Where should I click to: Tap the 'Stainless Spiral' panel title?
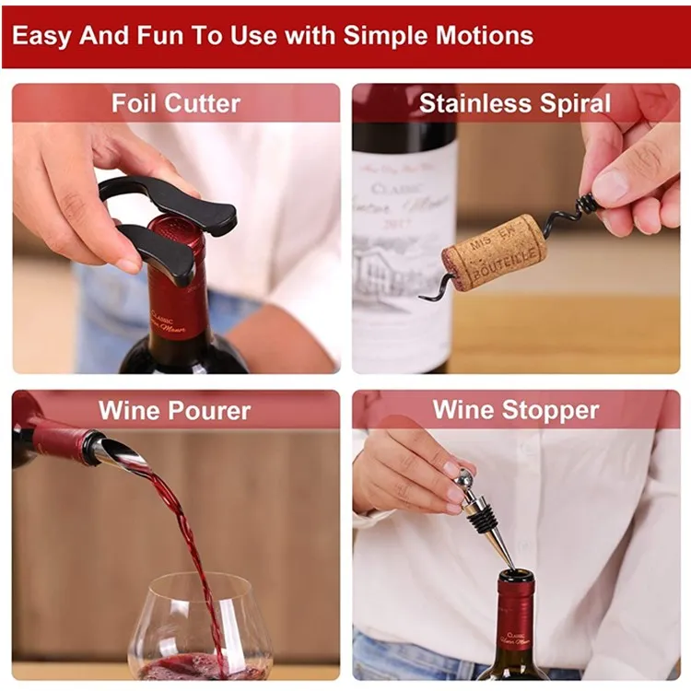pos(514,103)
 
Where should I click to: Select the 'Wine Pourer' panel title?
pos(174,410)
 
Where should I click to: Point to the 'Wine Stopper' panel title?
pos(515,410)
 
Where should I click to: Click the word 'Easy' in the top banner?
pos(42,36)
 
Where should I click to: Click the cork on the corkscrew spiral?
pos(494,252)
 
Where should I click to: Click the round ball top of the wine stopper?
pos(464,478)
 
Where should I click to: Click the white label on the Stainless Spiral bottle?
pos(404,258)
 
